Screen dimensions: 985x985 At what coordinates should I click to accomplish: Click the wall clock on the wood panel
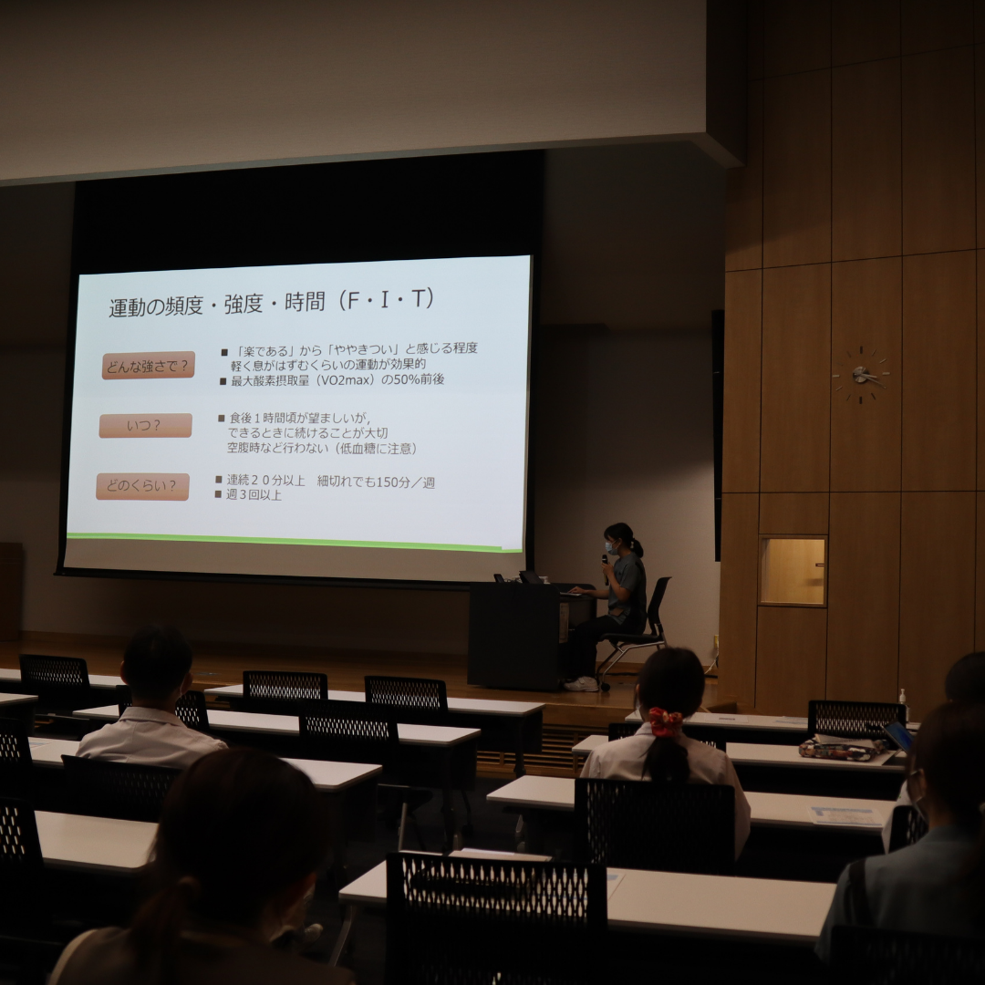click(861, 375)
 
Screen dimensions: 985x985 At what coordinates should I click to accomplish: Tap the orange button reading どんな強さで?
click(149, 366)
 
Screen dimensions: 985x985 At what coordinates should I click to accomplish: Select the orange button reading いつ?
click(145, 425)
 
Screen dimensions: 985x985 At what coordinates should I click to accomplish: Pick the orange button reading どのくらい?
click(142, 486)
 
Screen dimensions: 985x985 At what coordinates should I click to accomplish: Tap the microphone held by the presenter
click(605, 568)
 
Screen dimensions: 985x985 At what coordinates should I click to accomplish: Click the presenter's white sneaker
click(580, 684)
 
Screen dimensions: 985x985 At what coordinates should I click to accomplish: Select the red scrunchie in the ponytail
click(666, 721)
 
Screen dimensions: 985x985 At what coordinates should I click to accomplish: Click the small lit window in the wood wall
click(793, 570)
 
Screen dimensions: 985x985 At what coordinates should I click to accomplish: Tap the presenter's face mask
click(610, 546)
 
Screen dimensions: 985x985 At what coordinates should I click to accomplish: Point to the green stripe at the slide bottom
click(294, 542)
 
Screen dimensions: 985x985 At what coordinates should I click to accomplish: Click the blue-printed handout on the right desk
click(843, 815)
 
